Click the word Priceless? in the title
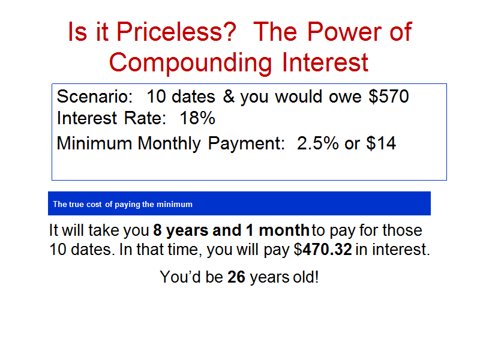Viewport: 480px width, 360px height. (176, 32)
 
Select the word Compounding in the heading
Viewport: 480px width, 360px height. (190, 64)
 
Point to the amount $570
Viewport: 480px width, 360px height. (388, 97)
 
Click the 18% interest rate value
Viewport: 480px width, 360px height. (197, 118)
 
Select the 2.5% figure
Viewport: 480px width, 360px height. (318, 143)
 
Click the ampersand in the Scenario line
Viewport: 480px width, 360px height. (229, 97)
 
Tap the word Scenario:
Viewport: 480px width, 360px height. (95, 97)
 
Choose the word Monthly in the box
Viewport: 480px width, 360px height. (169, 143)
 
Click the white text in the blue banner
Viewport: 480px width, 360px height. (123, 204)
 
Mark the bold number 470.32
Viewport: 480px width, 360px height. (327, 249)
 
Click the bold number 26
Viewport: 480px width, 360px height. (236, 277)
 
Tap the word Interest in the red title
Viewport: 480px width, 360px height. (325, 63)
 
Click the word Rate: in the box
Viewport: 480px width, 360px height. (145, 118)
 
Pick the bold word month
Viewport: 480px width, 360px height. (284, 230)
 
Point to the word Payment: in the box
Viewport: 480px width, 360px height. (247, 143)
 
